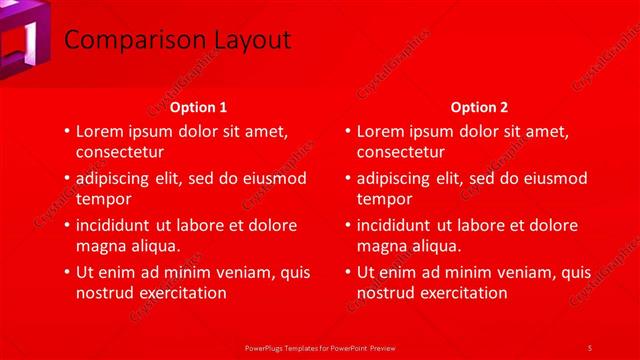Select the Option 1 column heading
(198, 107)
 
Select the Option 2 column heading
(480, 107)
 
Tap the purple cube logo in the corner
(24, 40)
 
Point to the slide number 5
(589, 347)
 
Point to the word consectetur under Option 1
(121, 152)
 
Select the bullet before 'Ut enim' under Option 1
(66, 272)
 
